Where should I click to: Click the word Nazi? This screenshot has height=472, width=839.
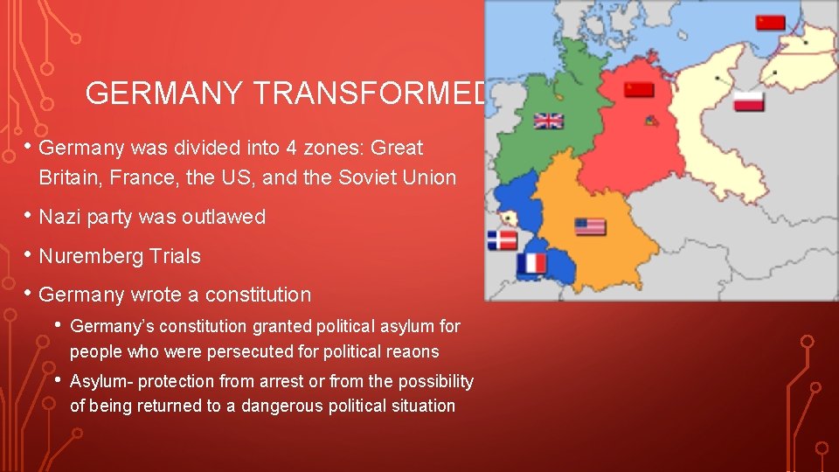coord(59,217)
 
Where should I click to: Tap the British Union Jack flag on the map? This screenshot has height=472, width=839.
coord(549,121)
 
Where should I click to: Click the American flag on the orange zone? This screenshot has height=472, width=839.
coord(590,227)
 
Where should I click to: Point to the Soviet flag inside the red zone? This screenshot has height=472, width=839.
coord(639,89)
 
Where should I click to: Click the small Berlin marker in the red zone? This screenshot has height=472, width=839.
coord(649,121)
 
